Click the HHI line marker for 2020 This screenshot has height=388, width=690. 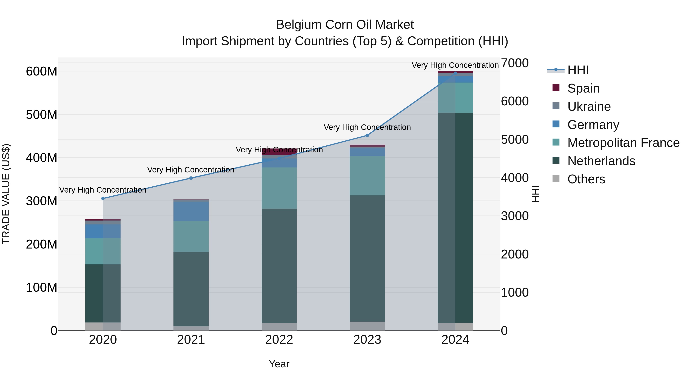(103, 199)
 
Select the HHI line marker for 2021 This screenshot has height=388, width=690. (191, 178)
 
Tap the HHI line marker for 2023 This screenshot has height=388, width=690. (367, 135)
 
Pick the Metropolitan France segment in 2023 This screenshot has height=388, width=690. (367, 176)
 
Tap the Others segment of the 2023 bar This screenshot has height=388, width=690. (367, 326)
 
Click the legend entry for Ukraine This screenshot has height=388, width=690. (589, 107)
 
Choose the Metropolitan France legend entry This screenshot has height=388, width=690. (623, 143)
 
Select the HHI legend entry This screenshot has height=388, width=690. (578, 70)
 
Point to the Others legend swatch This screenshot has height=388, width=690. (556, 179)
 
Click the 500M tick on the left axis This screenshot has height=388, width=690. (42, 115)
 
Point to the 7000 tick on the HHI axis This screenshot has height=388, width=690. (515, 63)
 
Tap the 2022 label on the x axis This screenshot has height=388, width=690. (279, 340)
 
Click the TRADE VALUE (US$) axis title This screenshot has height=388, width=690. (6, 194)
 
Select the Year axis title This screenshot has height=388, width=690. (279, 364)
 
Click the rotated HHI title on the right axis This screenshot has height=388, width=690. (536, 194)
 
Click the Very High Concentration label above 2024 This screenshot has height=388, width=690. (455, 65)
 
